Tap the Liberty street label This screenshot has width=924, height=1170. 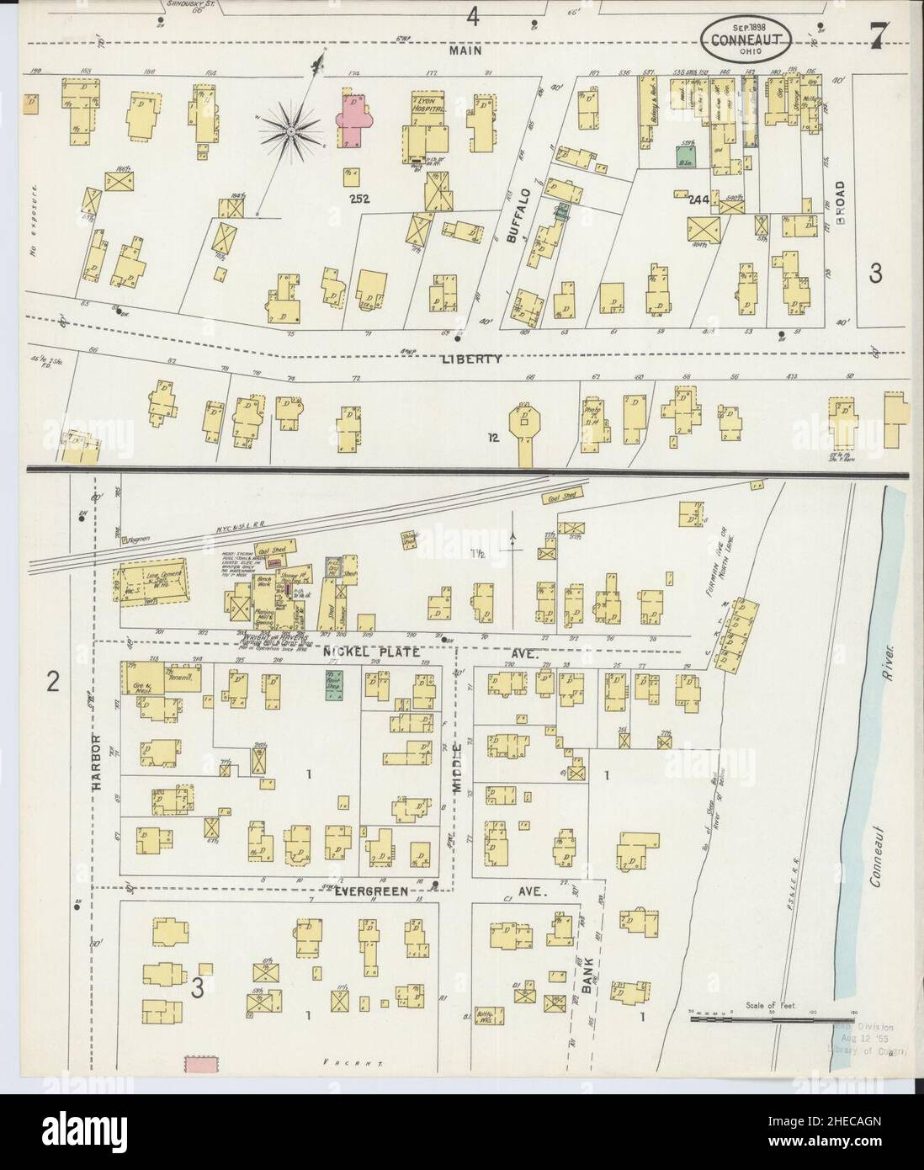[471, 359]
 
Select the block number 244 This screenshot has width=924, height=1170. [697, 200]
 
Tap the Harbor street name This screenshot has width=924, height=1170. [97, 762]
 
